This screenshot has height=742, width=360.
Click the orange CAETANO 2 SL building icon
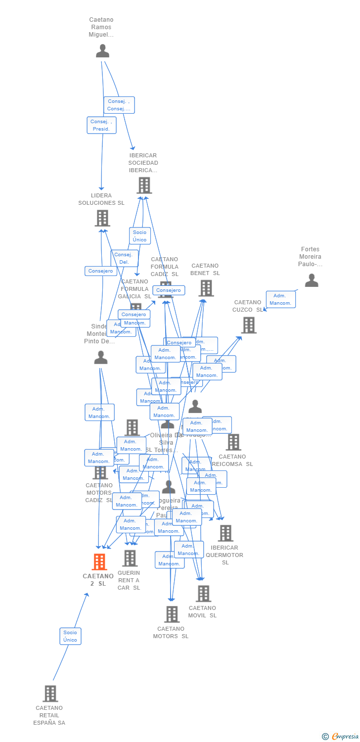pos(99,562)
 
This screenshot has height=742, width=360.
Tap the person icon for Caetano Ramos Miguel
pos(102,51)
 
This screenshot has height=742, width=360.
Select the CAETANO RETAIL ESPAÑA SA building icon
pos(50,694)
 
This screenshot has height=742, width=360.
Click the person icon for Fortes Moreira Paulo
pos(312,280)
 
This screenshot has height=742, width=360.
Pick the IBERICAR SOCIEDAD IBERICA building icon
pos(144,185)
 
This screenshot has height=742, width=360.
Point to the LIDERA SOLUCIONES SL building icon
pos(102,218)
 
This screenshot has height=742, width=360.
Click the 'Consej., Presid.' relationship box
pos(102,125)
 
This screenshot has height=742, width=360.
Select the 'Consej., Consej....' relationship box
pos(119,105)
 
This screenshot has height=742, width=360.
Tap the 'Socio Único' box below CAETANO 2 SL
pos(70,636)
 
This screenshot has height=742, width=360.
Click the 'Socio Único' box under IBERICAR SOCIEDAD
pos(140,236)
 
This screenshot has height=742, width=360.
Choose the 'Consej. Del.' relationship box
pos(124,258)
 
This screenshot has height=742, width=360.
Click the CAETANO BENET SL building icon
pos(206,288)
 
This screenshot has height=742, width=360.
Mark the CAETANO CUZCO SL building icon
pos(249,325)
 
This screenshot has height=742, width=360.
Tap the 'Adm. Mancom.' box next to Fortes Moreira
pos(280,299)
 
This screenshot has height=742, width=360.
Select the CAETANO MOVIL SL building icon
pos(203,594)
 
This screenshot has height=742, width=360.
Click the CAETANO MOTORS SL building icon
pos(172,614)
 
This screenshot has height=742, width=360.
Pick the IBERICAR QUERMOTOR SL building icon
pos(225,533)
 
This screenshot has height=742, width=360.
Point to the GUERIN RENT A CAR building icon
pos(130,558)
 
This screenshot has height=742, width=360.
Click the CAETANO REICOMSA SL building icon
pos(233,442)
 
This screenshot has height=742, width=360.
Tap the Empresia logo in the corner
pos(341,737)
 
